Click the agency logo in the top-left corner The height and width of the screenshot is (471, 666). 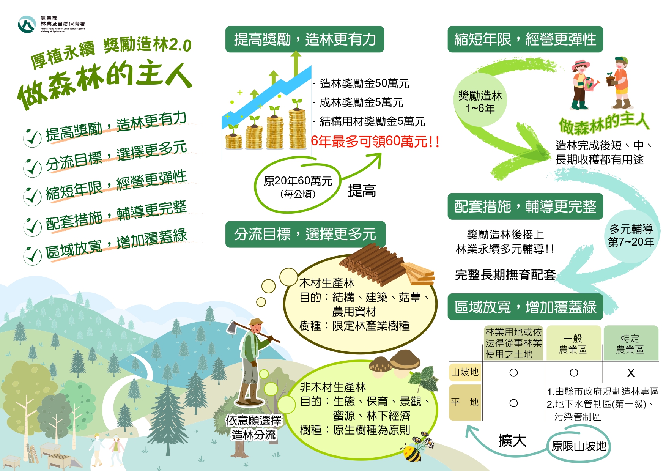click(27, 24)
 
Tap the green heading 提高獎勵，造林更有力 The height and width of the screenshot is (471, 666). click(304, 39)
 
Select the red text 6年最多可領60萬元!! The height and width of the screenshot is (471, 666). click(375, 142)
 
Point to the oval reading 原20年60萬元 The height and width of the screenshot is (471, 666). click(298, 186)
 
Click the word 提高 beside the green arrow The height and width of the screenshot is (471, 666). click(362, 191)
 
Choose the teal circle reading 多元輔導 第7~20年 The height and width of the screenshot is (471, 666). click(631, 235)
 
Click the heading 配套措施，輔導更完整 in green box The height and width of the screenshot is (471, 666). click(525, 206)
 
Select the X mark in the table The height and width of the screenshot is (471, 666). click(631, 373)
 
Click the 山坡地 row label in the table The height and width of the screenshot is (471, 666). click(465, 372)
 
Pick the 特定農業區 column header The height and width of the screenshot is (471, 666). click(630, 343)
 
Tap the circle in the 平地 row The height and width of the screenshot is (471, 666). click(513, 403)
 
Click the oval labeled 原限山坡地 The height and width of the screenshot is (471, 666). click(579, 446)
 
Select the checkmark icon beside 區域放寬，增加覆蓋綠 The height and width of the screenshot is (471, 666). click(32, 255)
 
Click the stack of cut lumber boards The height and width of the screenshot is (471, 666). click(419, 273)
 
